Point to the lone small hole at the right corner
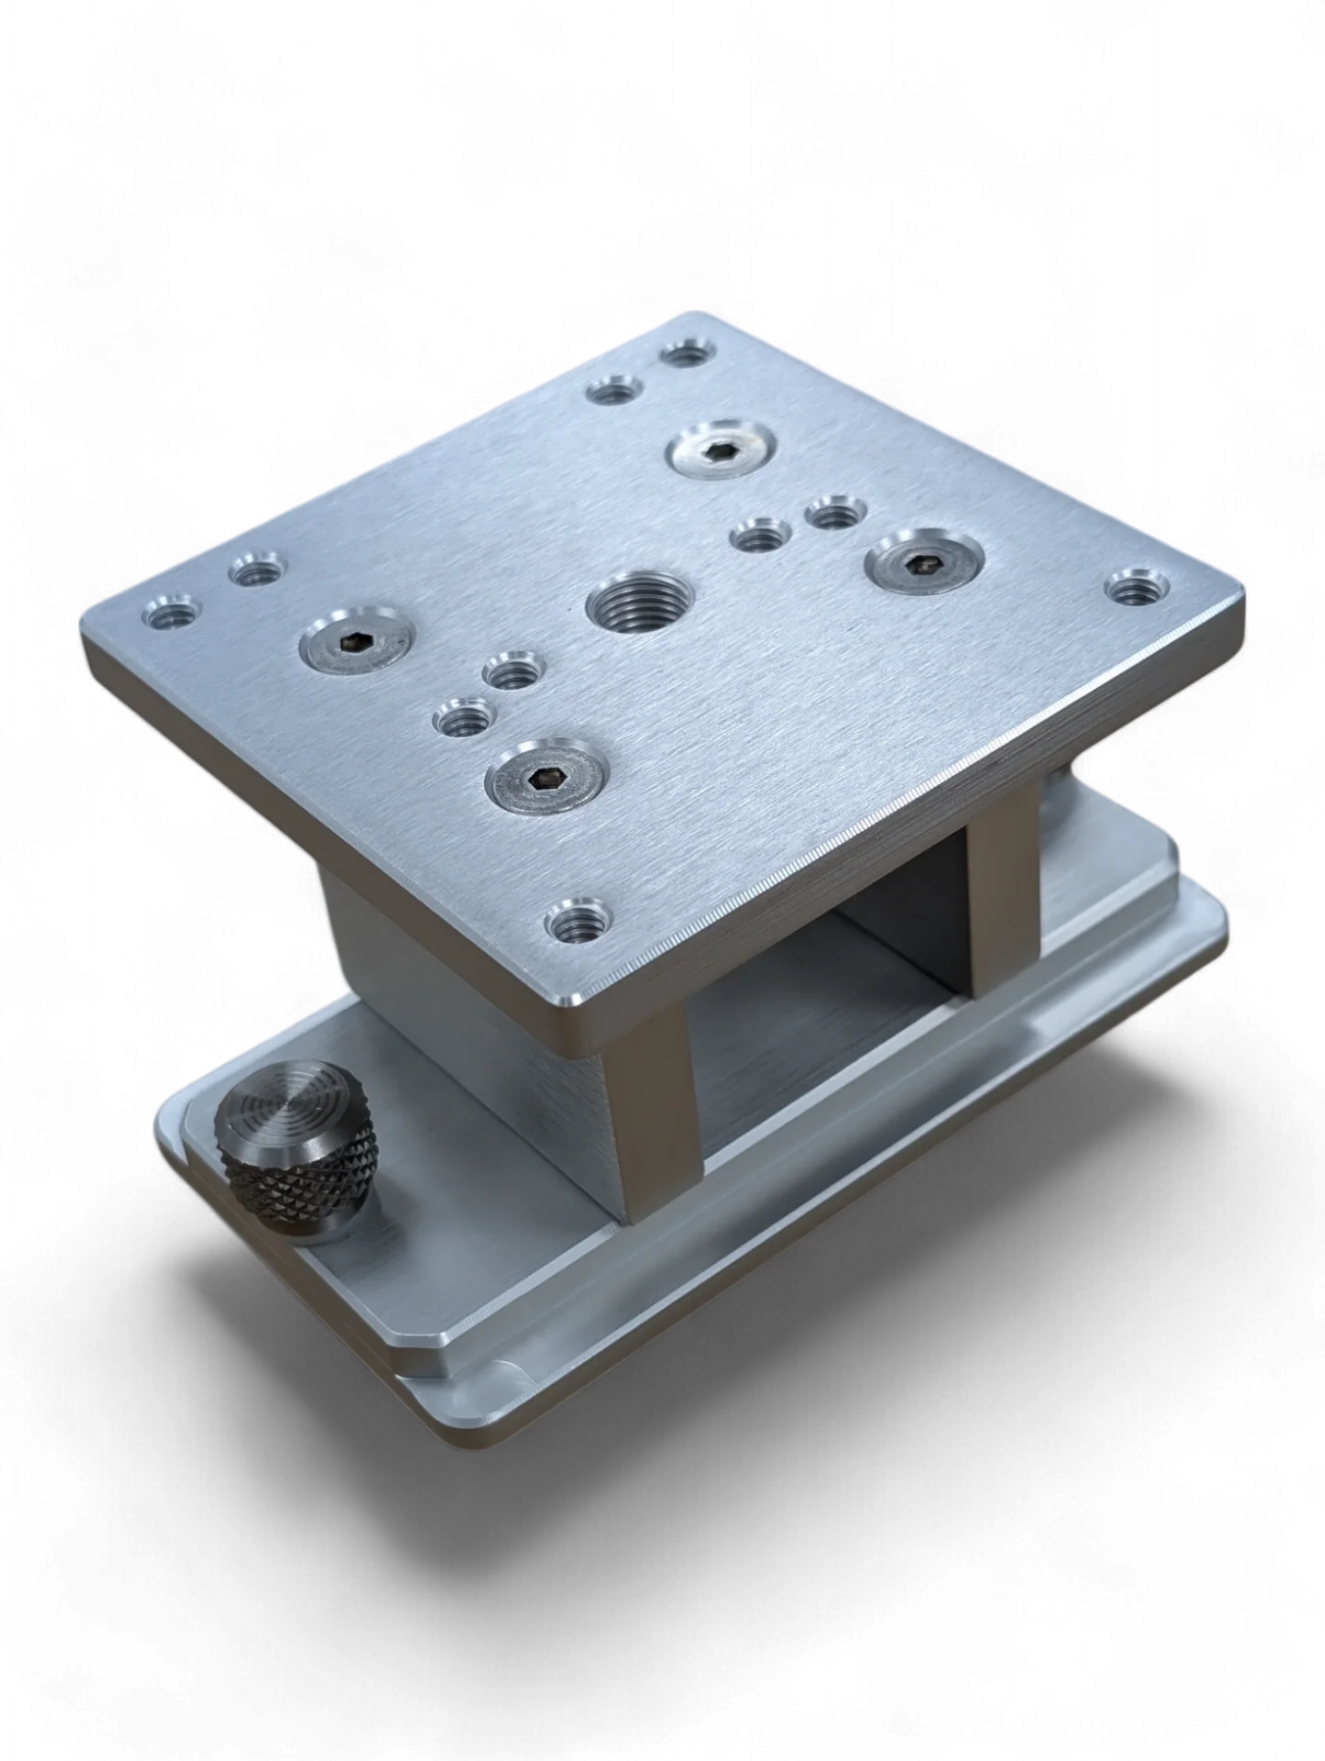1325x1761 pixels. point(1138,587)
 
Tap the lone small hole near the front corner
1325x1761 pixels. point(578,920)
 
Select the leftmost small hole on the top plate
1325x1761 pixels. point(171,612)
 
